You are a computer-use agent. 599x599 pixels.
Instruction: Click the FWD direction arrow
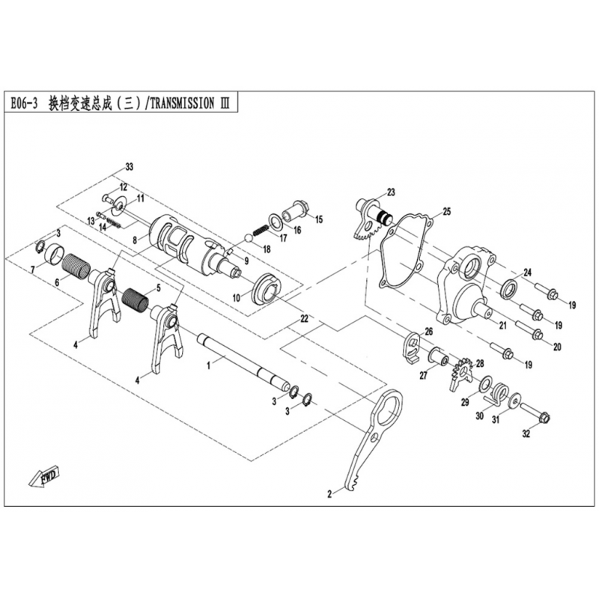tap(43, 475)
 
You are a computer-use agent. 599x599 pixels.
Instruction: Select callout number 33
tap(130, 167)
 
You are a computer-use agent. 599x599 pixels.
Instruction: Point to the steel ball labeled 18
tap(248, 237)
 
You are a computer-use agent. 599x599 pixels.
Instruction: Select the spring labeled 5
tap(136, 297)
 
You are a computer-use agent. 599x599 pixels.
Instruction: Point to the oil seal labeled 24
tap(508, 288)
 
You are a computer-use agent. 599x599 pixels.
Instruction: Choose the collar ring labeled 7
tap(52, 253)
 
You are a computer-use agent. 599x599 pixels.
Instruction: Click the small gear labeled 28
tap(463, 373)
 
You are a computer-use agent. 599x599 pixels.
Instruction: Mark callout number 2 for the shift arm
tap(329, 494)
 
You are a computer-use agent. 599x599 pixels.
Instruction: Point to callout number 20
tap(557, 347)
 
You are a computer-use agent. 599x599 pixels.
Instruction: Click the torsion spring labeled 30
tap(496, 394)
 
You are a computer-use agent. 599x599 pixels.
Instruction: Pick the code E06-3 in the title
tap(24, 103)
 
